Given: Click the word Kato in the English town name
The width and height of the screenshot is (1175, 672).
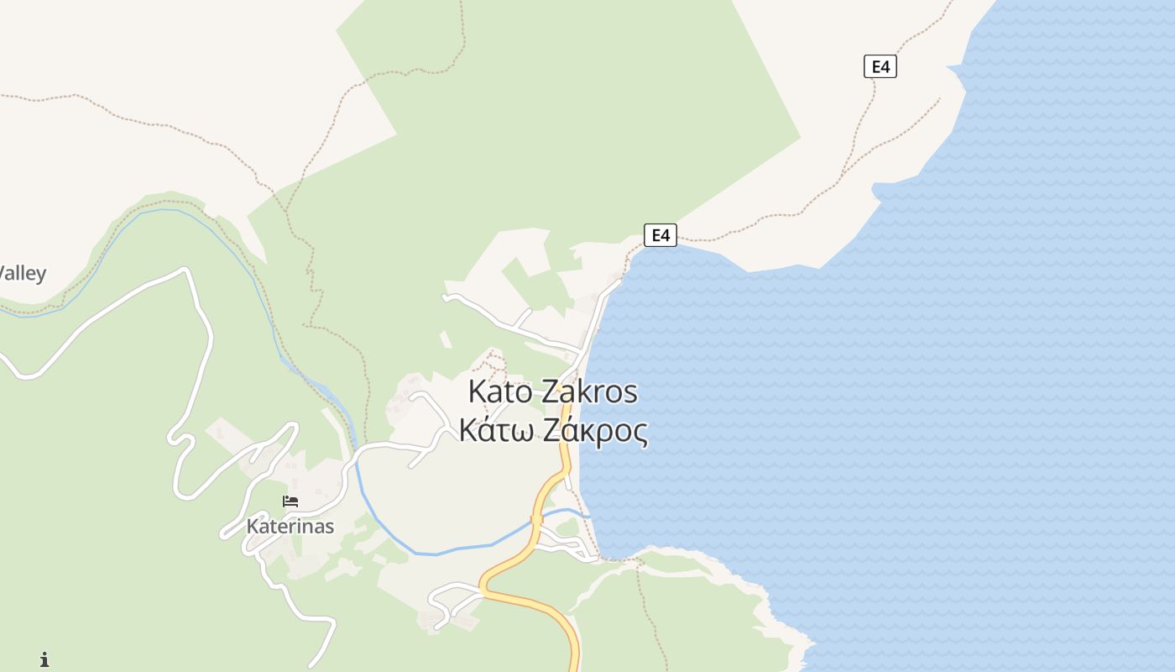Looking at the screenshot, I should [x=499, y=392].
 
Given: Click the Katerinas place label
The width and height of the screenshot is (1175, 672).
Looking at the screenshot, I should [x=290, y=527].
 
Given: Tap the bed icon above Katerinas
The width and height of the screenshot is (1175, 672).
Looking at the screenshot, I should [x=290, y=501].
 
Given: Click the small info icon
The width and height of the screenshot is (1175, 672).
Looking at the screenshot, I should [x=44, y=659].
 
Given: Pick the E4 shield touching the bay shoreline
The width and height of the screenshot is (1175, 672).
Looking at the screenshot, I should [x=661, y=235].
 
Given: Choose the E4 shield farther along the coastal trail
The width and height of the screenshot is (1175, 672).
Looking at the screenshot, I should [x=880, y=66].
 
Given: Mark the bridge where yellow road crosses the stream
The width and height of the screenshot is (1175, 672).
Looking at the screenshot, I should [x=537, y=520].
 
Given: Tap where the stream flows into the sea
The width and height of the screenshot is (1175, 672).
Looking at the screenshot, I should [x=587, y=515].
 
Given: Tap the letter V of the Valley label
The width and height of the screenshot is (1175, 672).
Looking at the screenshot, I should [x=4, y=274].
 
